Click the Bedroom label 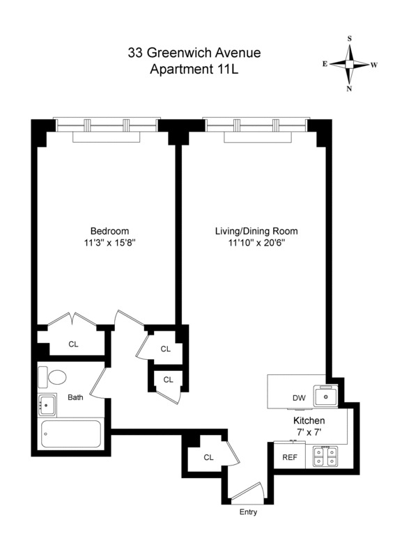109,232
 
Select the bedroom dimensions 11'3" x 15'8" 109,244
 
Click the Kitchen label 309,421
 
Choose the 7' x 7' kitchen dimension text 309,433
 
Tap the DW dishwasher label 299,398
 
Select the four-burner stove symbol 325,456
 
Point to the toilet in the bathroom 53,377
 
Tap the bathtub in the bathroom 72,434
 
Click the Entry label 247,513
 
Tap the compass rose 349,64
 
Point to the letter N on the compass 349,88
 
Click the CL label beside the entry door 208,457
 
